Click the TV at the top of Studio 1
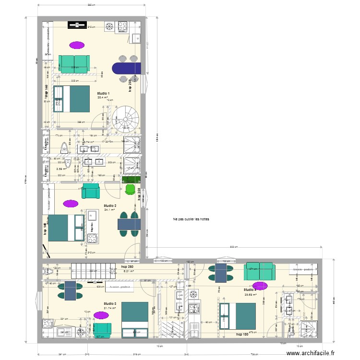76,25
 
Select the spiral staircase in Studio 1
126,117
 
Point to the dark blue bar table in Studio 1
126,69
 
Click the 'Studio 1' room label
103,93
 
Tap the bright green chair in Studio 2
130,190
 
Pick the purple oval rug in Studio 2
70,203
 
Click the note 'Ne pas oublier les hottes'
191,219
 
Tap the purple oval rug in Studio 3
101,315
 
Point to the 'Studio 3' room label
110,303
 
